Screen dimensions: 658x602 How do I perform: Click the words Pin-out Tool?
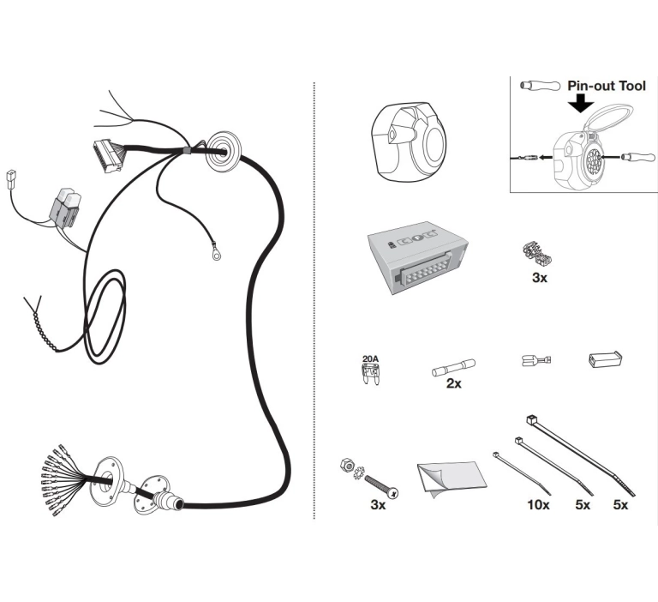coord(607,86)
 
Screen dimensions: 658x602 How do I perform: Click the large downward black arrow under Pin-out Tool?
coord(581,103)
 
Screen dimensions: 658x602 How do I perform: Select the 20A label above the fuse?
coord(370,358)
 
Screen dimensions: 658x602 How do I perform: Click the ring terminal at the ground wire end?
coord(216,252)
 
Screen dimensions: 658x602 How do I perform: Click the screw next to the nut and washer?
coord(381,486)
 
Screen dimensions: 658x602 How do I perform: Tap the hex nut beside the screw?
coord(347,464)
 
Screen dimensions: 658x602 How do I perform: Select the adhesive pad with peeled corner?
coord(452,479)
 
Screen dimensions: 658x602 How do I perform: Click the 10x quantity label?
coord(538,504)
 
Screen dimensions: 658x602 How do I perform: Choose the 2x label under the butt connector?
coord(453,383)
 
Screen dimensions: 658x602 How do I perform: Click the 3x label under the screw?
coord(378,504)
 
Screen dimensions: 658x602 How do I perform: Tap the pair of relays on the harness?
coord(66,208)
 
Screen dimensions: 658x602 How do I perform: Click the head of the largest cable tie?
coord(531,419)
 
